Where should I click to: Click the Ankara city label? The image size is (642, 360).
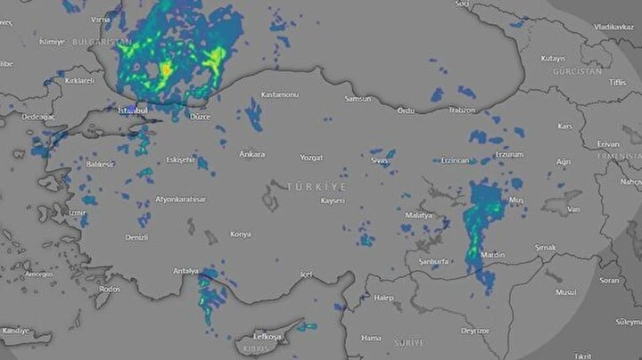point(252,154)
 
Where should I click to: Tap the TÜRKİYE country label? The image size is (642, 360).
point(316,185)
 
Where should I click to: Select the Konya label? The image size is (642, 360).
point(241,233)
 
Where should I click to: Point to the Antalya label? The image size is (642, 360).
point(186,270)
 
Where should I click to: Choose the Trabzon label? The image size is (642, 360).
point(462,110)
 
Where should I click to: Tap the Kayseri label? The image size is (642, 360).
point(332,200)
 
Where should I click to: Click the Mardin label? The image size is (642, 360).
point(492,255)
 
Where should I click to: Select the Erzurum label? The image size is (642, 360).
point(509,153)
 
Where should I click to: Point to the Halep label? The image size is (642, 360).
point(383,297)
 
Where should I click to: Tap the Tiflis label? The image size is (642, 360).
point(617,82)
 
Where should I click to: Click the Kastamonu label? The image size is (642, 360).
point(279,94)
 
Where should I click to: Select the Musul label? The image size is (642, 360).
point(565,291)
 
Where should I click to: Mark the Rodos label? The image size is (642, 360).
point(109,289)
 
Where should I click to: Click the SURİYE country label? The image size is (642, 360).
point(409,342)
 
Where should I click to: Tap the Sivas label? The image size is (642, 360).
point(381,160)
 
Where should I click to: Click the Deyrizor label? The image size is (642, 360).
point(474,330)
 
